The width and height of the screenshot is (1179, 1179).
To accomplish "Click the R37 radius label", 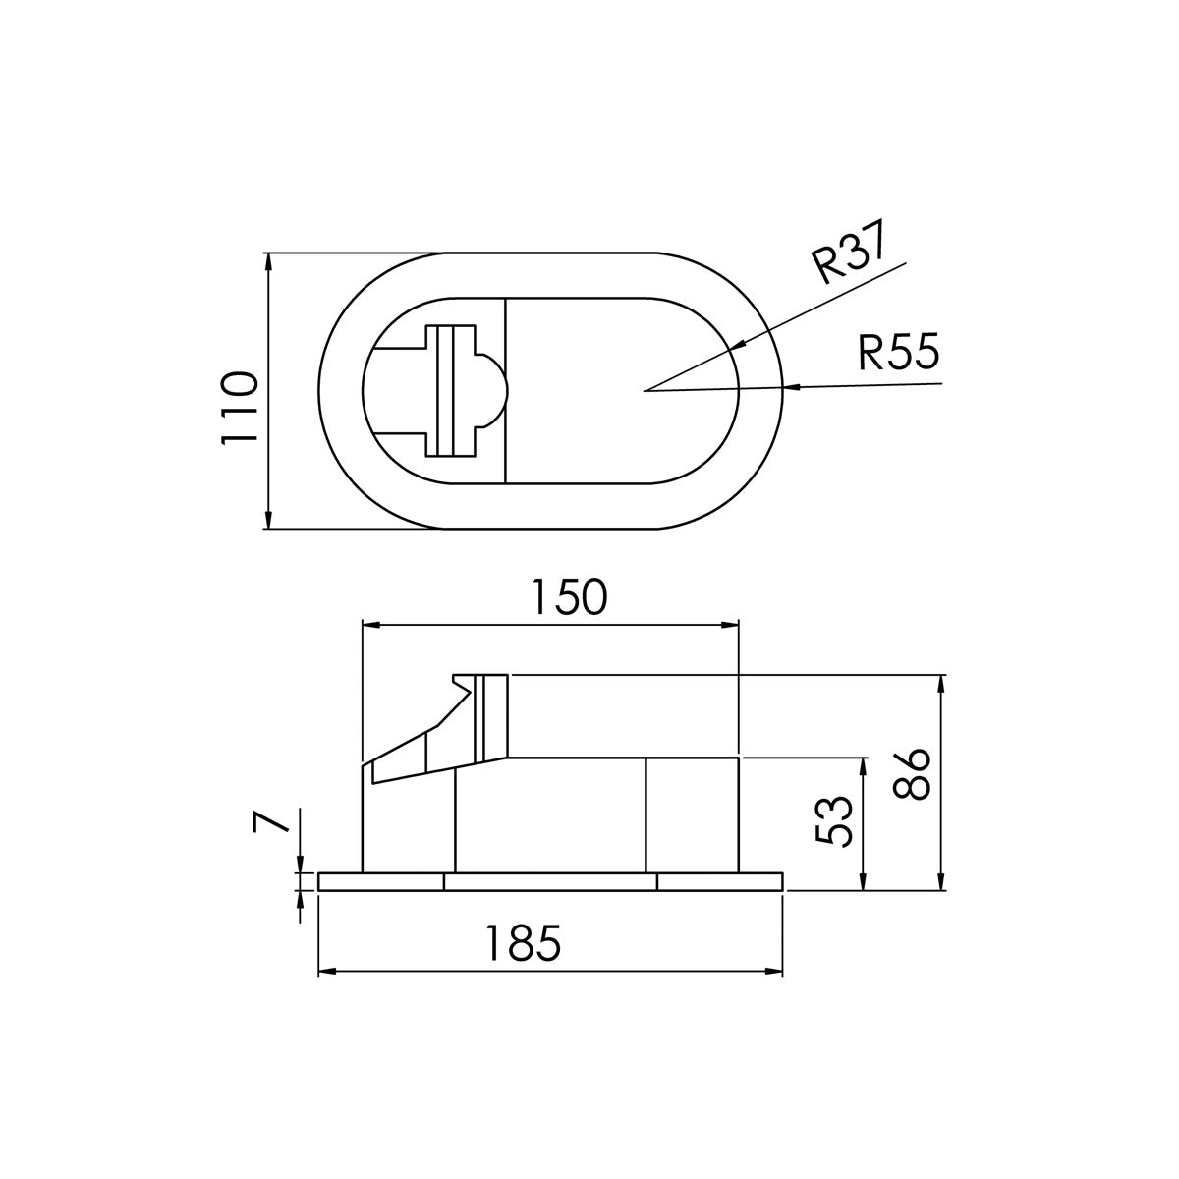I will click(850, 252).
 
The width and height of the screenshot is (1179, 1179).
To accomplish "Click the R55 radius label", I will click(898, 352).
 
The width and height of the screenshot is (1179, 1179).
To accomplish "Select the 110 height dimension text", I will click(239, 408).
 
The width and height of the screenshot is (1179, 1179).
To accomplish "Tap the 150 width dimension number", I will click(569, 597).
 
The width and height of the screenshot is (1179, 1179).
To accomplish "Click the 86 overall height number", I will click(913, 775).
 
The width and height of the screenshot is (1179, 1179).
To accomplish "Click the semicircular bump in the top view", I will click(494, 391).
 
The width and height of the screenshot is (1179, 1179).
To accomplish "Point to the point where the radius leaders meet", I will click(645, 391).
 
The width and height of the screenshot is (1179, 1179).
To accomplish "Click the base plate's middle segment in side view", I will click(550, 882).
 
